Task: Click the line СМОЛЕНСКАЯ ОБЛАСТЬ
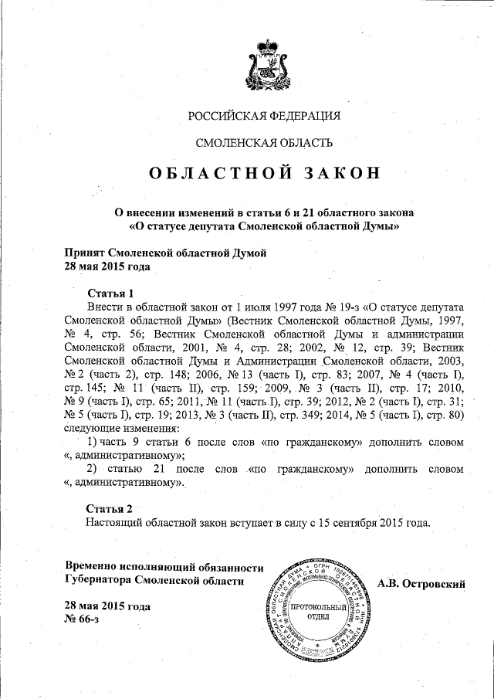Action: click(x=265, y=143)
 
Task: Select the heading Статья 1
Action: click(x=111, y=293)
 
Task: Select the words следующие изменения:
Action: click(x=122, y=428)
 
